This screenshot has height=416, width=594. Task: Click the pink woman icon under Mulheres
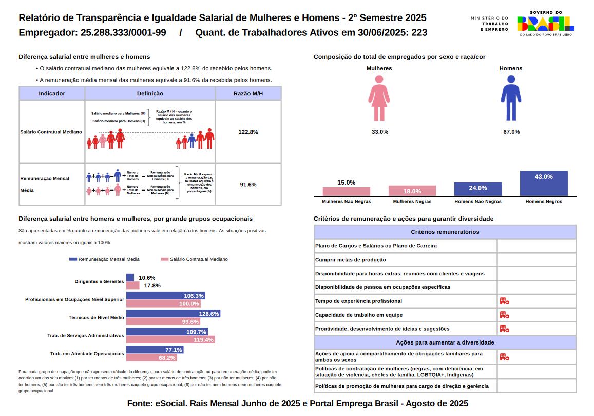[x=379, y=98]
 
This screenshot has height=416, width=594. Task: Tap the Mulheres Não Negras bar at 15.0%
[x=346, y=191]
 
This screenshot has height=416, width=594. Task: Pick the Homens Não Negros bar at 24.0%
[x=478, y=189]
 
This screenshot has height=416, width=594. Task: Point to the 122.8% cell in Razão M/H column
[x=248, y=132]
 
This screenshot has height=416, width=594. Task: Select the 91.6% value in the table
[x=248, y=184]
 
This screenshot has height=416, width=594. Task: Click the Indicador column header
[x=52, y=94]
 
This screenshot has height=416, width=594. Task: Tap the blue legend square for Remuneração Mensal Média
[x=73, y=259]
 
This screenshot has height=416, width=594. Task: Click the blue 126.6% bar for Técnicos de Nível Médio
[x=173, y=313]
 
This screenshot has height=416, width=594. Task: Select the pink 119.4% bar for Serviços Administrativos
[x=170, y=340]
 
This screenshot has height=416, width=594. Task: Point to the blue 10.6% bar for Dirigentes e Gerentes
[x=130, y=277]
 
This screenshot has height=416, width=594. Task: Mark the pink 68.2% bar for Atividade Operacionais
[x=151, y=358]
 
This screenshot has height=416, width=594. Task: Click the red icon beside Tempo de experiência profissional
[x=504, y=301]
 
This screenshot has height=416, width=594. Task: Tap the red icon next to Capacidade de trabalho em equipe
[x=504, y=315]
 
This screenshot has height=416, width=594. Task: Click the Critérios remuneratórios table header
[x=445, y=232]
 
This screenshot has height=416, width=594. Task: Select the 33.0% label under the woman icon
[x=379, y=132]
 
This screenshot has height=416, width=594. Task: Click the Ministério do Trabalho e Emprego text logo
[x=489, y=24]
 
